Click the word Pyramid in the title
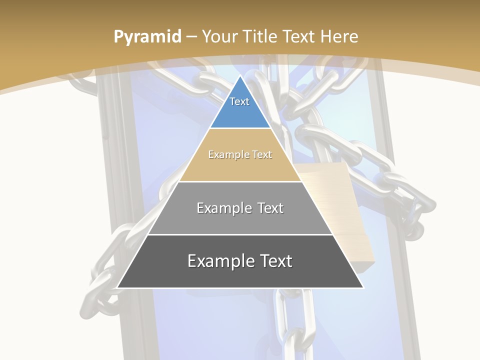[x=147, y=36]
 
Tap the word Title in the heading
[x=259, y=36]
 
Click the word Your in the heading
[x=220, y=36]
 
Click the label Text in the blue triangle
[x=239, y=101]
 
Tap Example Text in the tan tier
[x=240, y=154]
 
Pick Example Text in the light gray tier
[x=240, y=208]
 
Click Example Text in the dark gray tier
[x=240, y=261]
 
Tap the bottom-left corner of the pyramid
[x=117, y=287]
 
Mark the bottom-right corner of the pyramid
[x=363, y=287]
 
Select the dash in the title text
[x=191, y=36]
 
